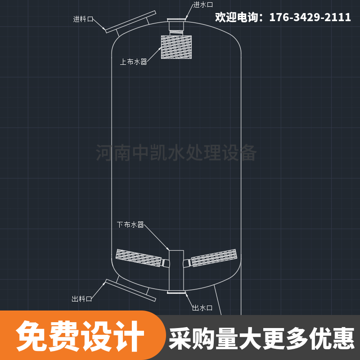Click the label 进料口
(x=83, y=19)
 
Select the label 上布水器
(x=134, y=62)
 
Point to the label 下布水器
(x=130, y=225)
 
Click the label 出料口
(x=82, y=299)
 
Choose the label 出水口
(x=202, y=308)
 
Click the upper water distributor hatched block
(x=176, y=47)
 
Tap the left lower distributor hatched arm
(x=139, y=257)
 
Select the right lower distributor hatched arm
(x=214, y=257)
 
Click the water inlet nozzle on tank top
(x=177, y=20)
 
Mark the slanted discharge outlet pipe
(x=130, y=290)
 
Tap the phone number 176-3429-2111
(x=310, y=18)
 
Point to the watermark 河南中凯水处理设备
(x=176, y=153)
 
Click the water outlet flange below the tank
(x=176, y=293)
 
